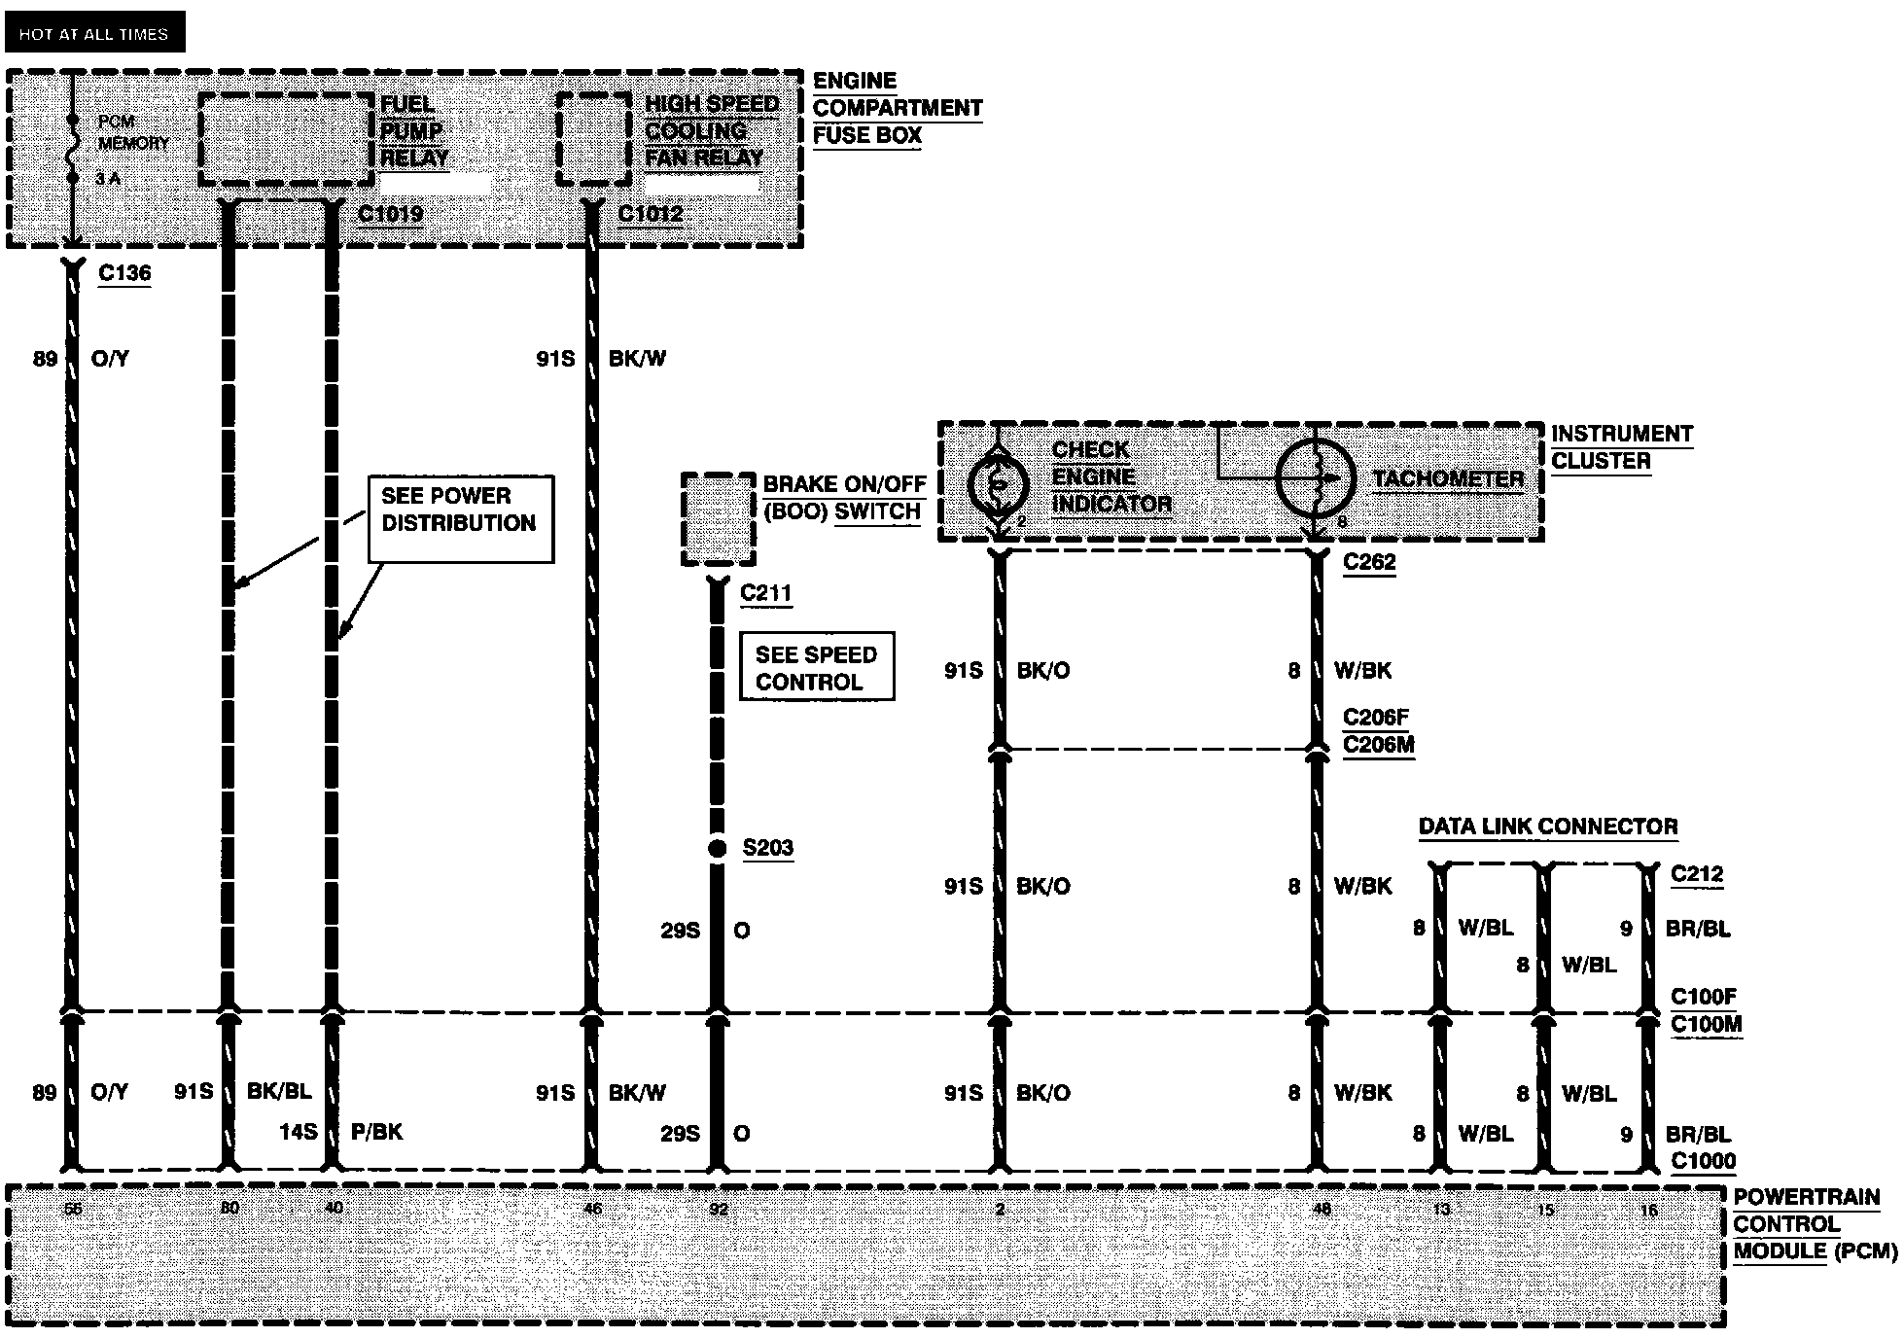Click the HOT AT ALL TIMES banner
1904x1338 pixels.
[93, 34]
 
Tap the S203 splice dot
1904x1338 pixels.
[717, 849]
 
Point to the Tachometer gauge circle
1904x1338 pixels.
[1315, 479]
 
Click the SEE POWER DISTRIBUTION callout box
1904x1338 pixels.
[460, 518]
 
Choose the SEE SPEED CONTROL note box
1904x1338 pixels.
[816, 668]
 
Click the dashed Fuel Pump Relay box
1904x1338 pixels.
[286, 139]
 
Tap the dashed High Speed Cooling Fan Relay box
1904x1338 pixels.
[594, 139]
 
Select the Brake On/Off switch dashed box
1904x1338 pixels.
[719, 518]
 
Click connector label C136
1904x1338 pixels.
[124, 273]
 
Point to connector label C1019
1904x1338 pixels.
[390, 214]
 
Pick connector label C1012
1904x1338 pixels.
[651, 214]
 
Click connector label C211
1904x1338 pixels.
[765, 593]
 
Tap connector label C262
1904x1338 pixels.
[1369, 562]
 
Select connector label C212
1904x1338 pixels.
[1697, 874]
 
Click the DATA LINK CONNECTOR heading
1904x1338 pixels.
[1548, 827]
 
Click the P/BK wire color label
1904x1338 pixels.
[376, 1132]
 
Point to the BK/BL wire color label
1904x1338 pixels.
[279, 1091]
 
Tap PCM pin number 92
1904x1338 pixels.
[719, 1210]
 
